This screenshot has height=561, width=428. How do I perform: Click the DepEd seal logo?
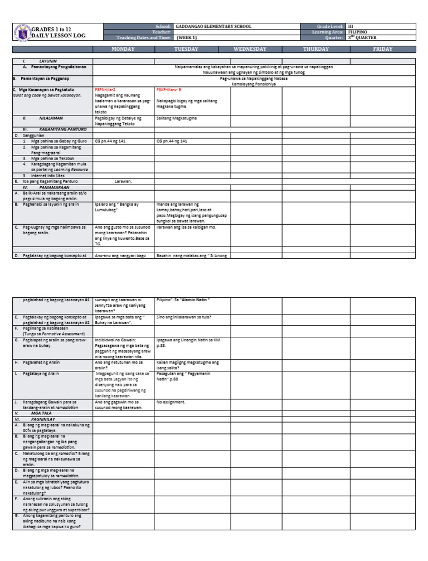pyautogui.click(x=22, y=32)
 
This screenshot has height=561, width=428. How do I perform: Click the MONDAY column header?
pyautogui.click(x=123, y=49)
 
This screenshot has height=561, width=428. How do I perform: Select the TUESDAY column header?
pyautogui.click(x=186, y=49)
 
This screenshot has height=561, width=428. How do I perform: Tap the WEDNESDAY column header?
pyautogui.click(x=250, y=49)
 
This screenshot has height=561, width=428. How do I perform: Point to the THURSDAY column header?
pyautogui.click(x=315, y=49)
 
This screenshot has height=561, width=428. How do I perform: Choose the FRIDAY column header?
pyautogui.click(x=382, y=49)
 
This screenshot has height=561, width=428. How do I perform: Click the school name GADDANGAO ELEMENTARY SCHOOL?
pyautogui.click(x=213, y=26)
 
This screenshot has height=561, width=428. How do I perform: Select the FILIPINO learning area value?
pyautogui.click(x=357, y=32)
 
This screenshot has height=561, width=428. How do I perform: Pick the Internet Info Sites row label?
pyautogui.click(x=50, y=176)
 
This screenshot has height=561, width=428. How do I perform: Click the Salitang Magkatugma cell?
pyautogui.click(x=177, y=118)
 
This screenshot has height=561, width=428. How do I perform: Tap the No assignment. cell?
pyautogui.click(x=171, y=402)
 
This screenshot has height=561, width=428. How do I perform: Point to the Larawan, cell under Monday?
pyautogui.click(x=123, y=181)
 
